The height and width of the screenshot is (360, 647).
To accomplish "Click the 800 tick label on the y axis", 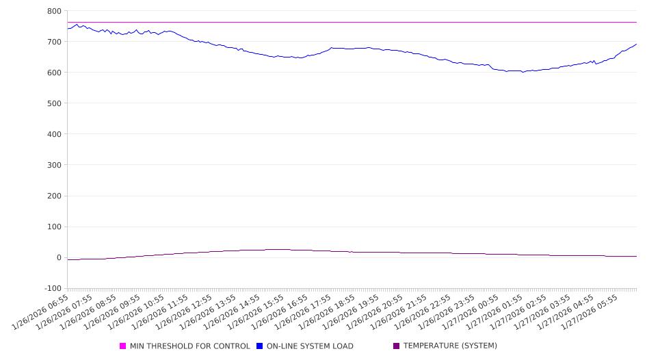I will click(x=54, y=11).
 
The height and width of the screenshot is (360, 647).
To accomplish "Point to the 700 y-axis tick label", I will click(x=54, y=42).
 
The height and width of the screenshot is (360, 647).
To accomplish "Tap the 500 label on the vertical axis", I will click(x=54, y=103).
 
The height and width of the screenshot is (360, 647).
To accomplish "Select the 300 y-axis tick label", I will click(x=54, y=165).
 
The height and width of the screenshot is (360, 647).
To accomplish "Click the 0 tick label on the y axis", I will click(x=59, y=258).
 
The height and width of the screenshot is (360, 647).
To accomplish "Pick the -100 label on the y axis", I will click(x=52, y=289).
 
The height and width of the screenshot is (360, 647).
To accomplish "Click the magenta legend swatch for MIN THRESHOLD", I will click(x=123, y=346).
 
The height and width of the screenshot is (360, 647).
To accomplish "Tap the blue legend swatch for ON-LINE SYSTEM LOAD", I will click(x=260, y=346).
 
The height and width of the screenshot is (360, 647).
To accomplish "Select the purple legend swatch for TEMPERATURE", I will click(x=397, y=346).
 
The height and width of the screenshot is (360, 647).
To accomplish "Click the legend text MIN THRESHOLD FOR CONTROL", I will click(x=189, y=346).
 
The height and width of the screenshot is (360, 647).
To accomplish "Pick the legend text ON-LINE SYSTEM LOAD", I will click(x=310, y=346).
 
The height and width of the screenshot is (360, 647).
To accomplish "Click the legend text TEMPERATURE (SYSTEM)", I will click(x=450, y=346).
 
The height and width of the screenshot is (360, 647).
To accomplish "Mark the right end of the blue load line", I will click(x=636, y=44).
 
